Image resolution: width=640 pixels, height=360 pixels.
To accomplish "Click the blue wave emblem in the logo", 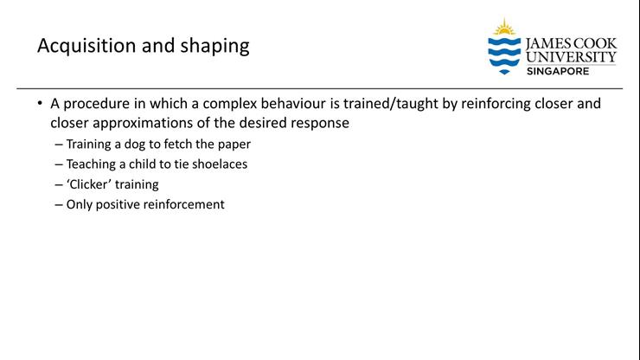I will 504,55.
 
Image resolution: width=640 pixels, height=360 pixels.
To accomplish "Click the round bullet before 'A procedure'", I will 40,104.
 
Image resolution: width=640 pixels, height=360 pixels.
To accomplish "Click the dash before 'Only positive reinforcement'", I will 58,204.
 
